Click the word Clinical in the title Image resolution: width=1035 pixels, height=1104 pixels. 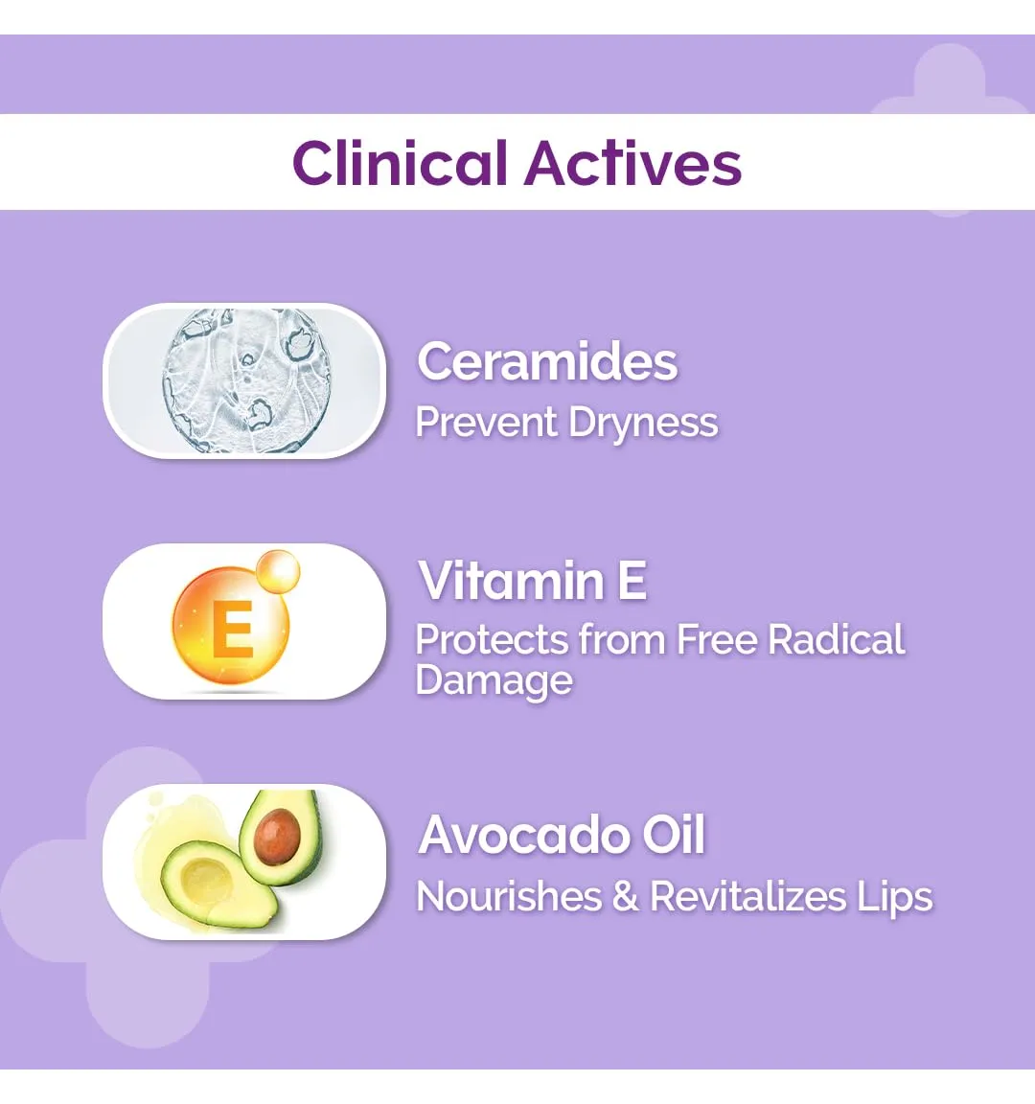click(x=400, y=163)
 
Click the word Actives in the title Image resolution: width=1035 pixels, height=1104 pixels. click(x=632, y=163)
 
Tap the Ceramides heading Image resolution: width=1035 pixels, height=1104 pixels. click(x=547, y=361)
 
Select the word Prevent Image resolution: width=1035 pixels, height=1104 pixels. click(x=487, y=423)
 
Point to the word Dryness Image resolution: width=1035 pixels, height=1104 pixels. click(x=643, y=424)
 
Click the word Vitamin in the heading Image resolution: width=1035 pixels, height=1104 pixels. click(x=511, y=581)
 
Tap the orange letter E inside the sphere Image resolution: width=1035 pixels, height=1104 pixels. click(x=232, y=629)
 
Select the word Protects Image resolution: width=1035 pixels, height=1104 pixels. click(x=492, y=640)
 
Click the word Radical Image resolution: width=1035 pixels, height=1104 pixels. click(x=836, y=640)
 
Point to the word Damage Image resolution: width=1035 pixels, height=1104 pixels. click(x=494, y=681)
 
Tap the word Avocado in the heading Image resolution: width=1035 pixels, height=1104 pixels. click(x=523, y=835)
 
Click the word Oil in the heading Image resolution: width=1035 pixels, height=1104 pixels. click(x=673, y=835)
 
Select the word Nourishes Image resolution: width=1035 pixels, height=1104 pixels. click(x=508, y=897)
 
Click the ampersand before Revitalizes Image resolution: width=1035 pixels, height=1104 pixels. click(x=625, y=897)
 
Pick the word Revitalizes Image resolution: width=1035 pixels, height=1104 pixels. click(x=747, y=897)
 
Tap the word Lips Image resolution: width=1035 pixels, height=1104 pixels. click(x=895, y=898)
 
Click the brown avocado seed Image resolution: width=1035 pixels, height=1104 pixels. click(x=277, y=836)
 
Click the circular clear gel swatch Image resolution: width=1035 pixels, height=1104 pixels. click(x=245, y=380)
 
